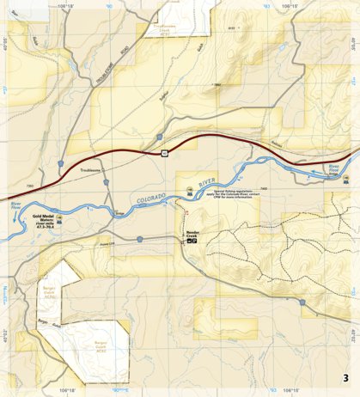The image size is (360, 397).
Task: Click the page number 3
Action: point(345,378)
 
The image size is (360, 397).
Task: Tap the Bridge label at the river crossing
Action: point(119,212)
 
